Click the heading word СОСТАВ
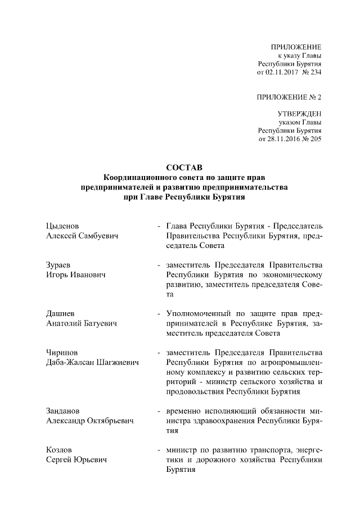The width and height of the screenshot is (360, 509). (180, 167)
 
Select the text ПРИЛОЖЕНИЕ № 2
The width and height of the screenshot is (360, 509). (289, 97)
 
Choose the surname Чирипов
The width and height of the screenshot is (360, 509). (62, 352)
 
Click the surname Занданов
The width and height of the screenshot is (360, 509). (65, 411)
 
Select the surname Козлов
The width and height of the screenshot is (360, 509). (60, 450)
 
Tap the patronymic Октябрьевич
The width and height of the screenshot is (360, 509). (110, 421)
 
